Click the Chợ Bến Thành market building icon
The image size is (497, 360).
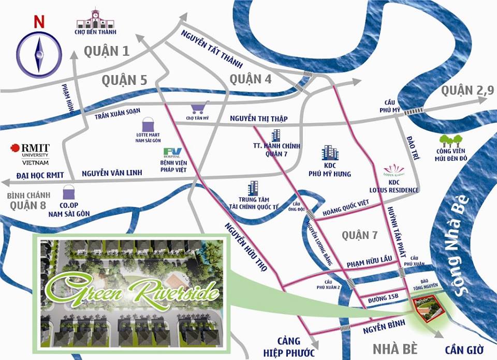tap(95, 19)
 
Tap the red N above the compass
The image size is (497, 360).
tap(38, 22)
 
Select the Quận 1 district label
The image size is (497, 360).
tap(107, 51)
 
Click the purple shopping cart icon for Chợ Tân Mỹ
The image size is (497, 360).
tap(200, 108)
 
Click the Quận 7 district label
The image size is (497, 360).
tap(360, 235)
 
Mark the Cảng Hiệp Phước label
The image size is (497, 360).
tap(289, 347)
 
